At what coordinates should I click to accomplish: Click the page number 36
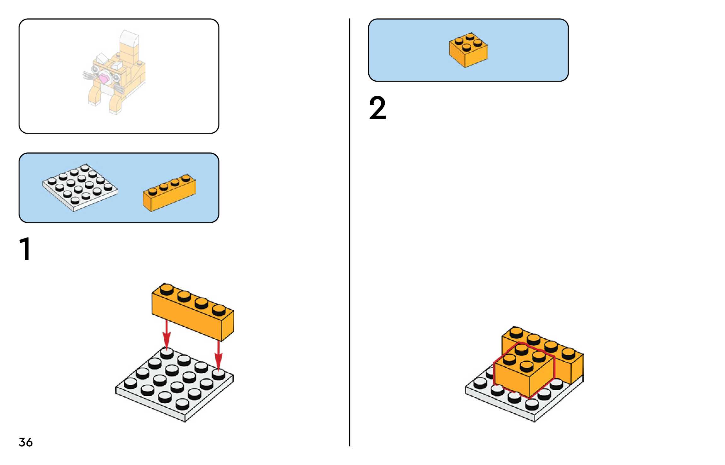click(x=25, y=442)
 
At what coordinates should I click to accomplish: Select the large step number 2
click(x=377, y=108)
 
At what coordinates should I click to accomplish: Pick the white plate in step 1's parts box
click(x=80, y=187)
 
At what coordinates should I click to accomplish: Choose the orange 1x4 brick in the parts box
click(x=169, y=192)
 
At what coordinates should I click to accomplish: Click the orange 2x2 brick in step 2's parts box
click(x=468, y=50)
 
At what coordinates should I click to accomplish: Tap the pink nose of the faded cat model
click(x=104, y=78)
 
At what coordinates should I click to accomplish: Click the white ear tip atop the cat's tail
click(x=129, y=38)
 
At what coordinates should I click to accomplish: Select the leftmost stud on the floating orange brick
click(x=167, y=289)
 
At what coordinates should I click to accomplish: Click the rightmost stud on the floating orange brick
click(x=219, y=309)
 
